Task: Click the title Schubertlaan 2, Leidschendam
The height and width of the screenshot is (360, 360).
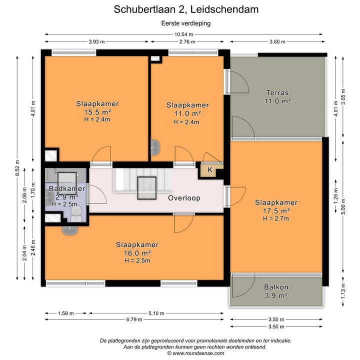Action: [x=179, y=9]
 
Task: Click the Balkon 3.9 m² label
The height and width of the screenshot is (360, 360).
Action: [x=275, y=291]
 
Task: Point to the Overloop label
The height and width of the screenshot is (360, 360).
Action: [x=184, y=198]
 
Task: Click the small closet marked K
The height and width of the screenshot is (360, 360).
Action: [x=210, y=170]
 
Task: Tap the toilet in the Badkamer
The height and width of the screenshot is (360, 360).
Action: [x=76, y=214]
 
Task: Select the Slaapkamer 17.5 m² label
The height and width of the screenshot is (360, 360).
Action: [x=276, y=206]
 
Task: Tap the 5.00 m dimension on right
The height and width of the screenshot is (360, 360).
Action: [x=343, y=207]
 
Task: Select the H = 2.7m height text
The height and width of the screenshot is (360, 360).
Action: [x=276, y=218]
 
